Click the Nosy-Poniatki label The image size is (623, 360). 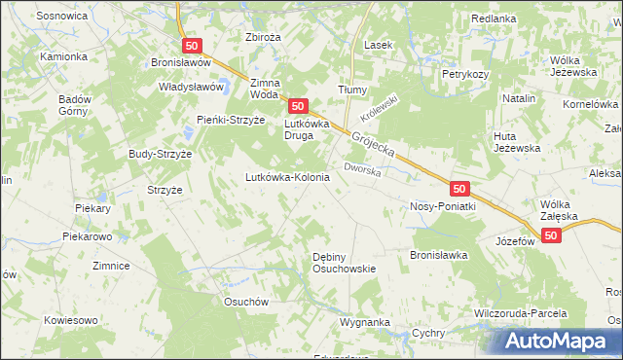point(442,206)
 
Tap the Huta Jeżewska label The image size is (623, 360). point(517,141)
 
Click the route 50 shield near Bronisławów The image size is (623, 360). point(192,45)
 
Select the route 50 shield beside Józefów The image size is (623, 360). point(552,235)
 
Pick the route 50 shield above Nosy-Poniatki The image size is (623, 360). point(460,187)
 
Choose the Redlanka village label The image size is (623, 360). point(493,18)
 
